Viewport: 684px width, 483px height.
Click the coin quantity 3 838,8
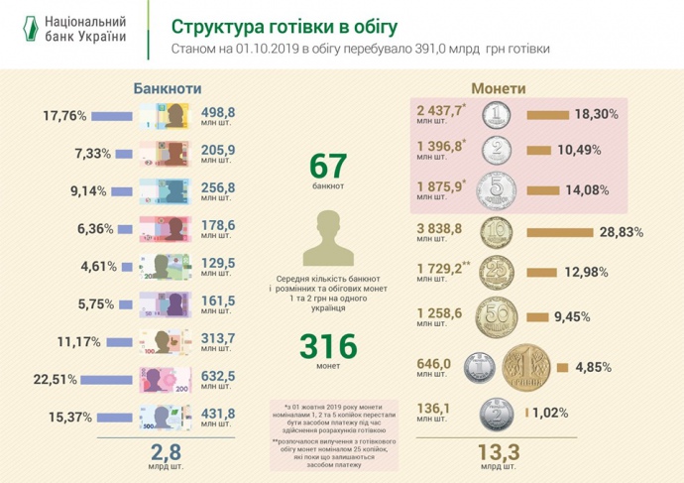coord(439,229)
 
